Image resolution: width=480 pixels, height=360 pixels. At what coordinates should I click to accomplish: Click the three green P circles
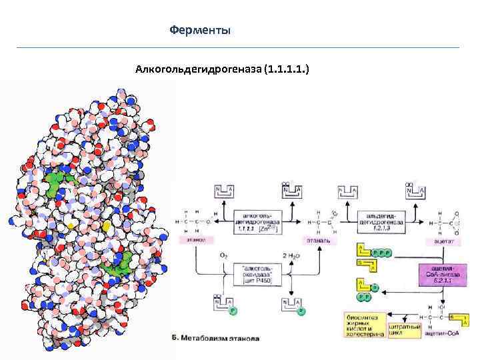[x=382, y=254]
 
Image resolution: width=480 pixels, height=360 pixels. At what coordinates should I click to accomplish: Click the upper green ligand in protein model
[x=59, y=180]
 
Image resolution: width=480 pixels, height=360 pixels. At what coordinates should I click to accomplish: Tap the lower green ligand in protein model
[x=117, y=265]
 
